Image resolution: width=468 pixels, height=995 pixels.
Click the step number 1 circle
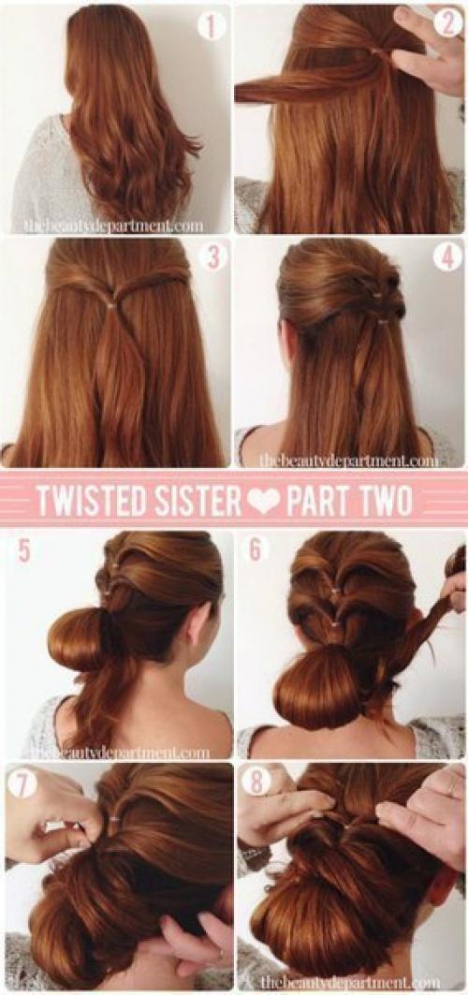click(x=212, y=26)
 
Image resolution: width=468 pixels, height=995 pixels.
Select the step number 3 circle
click(x=212, y=258)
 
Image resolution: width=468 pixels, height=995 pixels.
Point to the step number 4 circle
click(x=447, y=257)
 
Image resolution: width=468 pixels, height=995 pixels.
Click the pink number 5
click(x=23, y=550)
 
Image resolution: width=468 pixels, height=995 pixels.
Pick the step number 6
click(x=255, y=549)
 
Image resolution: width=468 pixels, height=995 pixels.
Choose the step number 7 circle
click(x=24, y=784)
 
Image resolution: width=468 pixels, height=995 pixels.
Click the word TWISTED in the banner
click(x=85, y=501)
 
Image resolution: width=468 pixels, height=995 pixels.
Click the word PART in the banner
click(x=319, y=501)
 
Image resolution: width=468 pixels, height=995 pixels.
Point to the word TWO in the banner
click(x=388, y=501)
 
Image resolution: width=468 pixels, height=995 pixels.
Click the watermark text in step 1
click(x=113, y=226)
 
